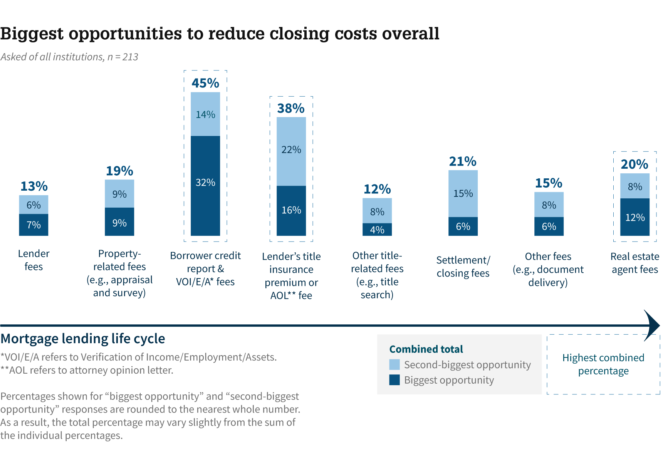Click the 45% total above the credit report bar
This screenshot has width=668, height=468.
click(205, 83)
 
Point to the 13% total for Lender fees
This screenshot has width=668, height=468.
click(34, 186)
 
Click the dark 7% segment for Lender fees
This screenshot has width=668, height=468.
click(34, 225)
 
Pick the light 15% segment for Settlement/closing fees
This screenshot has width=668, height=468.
click(463, 193)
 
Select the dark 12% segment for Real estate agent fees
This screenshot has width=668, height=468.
click(635, 217)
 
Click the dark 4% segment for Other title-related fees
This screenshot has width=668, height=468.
click(377, 230)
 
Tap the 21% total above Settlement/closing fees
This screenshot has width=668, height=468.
click(463, 161)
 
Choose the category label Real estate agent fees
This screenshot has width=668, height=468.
click(635, 263)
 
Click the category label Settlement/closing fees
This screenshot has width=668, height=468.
click(463, 267)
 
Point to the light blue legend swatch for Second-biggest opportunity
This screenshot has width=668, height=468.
click(394, 364)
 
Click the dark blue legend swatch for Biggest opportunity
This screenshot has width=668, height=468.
click(394, 380)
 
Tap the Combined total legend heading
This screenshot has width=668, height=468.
click(426, 349)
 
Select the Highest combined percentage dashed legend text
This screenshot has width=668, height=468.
click(603, 364)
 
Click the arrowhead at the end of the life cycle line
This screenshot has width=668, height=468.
click(652, 325)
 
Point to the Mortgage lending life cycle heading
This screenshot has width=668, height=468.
click(83, 339)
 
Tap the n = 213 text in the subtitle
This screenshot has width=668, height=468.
click(123, 57)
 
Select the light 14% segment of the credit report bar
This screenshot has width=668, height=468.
click(205, 114)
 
